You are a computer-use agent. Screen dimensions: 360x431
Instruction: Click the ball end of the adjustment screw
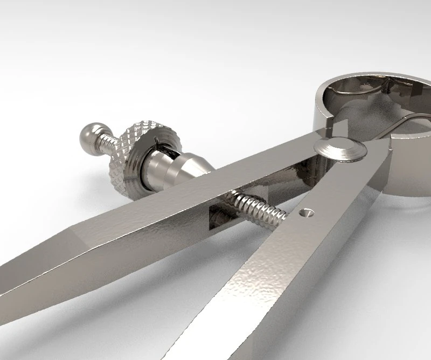click(91, 134)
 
